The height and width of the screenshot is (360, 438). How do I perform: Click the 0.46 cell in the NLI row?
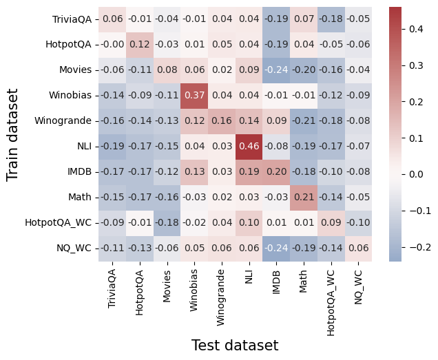pyautogui.click(x=249, y=146)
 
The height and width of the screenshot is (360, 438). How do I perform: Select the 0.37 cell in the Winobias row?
pyautogui.click(x=195, y=95)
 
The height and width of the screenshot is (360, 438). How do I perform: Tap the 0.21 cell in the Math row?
pyautogui.click(x=304, y=197)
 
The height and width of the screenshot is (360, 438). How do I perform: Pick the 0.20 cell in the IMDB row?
pyautogui.click(x=276, y=171)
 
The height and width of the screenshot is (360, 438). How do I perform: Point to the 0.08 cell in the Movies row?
pyautogui.click(x=167, y=70)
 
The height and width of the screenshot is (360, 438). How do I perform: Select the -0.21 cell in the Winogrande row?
pyautogui.click(x=304, y=120)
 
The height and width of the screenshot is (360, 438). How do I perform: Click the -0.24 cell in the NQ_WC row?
pyautogui.click(x=276, y=248)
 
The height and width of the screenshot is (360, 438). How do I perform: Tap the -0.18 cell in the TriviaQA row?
pyautogui.click(x=331, y=19)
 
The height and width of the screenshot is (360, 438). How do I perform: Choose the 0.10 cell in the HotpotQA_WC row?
pyautogui.click(x=249, y=222)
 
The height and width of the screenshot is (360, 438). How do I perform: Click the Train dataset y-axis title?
pyautogui.click(x=12, y=134)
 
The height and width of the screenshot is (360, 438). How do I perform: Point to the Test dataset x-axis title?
pyautogui.click(x=234, y=346)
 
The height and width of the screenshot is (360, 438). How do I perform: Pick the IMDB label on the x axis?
pyautogui.click(x=276, y=282)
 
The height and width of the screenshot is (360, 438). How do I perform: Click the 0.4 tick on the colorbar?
pyautogui.click(x=419, y=29)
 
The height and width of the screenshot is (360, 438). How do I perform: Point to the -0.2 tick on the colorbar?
pyautogui.click(x=419, y=246)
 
